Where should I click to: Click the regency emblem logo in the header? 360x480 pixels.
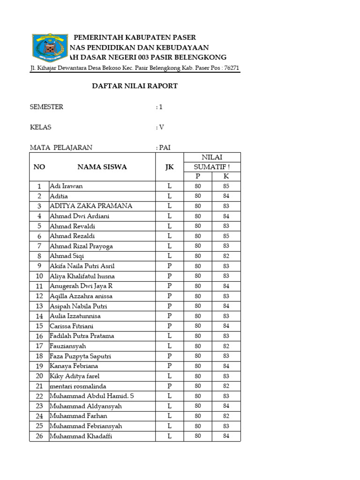46,47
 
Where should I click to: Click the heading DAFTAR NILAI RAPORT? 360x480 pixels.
134,86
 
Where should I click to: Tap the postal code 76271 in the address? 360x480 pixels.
231,68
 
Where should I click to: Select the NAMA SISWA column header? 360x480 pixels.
102,167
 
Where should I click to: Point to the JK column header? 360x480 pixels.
169,167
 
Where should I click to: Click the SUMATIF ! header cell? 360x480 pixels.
212,167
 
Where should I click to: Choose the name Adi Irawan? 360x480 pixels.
66,186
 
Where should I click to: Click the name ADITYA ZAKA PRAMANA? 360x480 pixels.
91,206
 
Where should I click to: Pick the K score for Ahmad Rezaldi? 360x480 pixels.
226,236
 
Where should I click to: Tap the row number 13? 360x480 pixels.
39,306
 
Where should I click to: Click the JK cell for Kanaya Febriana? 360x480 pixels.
169,366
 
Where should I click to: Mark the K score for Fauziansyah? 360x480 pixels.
226,346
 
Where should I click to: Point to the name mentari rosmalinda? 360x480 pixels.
78,386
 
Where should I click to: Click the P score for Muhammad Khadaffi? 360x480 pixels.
198,436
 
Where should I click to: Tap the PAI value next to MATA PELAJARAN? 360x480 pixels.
165,148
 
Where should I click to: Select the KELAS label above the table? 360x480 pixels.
41,127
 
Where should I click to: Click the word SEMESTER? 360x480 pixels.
46,107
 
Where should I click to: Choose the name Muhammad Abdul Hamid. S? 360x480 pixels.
91,396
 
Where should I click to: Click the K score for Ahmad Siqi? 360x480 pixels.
226,256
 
